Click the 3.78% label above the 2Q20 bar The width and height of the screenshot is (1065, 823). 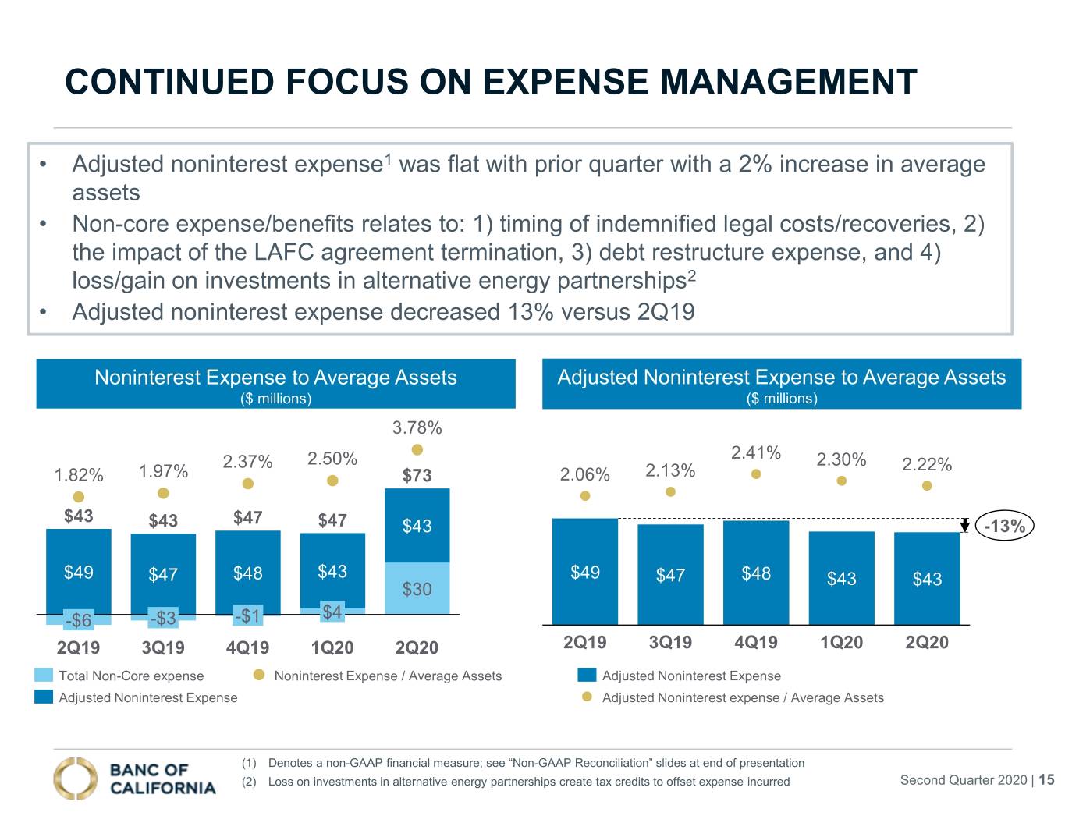click(417, 427)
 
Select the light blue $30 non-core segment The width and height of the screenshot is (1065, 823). click(417, 588)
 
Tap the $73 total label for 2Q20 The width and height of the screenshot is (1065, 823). click(417, 475)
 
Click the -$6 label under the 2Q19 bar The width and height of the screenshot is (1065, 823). click(79, 620)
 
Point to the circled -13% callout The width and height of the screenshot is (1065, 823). click(1005, 526)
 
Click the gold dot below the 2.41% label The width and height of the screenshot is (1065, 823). click(756, 474)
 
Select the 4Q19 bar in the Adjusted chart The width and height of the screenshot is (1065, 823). click(756, 573)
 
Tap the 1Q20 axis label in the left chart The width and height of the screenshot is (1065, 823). click(332, 647)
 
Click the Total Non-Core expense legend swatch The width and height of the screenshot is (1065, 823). click(44, 675)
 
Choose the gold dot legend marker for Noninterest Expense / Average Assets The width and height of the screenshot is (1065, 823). click(259, 675)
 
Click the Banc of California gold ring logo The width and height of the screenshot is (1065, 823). click(76, 779)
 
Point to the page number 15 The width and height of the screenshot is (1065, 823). click(1046, 779)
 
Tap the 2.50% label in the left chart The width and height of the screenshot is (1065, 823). click(332, 459)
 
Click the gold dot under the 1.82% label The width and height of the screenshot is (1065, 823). click(79, 497)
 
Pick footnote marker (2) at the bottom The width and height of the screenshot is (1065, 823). click(249, 782)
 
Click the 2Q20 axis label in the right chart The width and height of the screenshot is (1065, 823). click(927, 642)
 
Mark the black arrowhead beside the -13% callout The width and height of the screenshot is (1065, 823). click(964, 526)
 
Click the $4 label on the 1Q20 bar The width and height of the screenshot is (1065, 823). click(332, 612)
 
